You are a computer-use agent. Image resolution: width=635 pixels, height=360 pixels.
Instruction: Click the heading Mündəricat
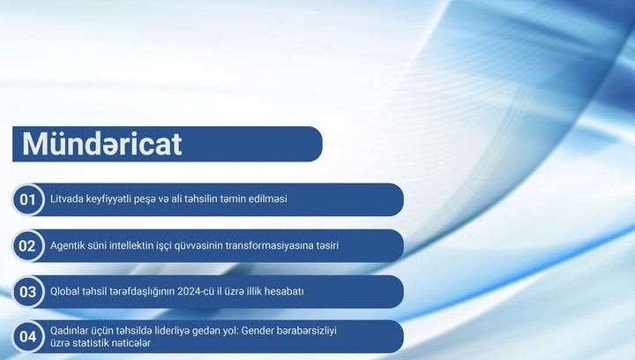[102, 144]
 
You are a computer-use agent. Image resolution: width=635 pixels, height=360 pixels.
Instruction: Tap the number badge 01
[28, 199]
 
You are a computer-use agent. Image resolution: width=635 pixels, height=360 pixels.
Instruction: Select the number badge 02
[28, 245]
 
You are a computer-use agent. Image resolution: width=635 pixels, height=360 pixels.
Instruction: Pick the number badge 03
[28, 291]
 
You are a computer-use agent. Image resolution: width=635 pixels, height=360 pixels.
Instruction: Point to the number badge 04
[28, 336]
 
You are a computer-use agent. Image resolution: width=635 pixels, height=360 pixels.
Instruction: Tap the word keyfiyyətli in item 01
[112, 199]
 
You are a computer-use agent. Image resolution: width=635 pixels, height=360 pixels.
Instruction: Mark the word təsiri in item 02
[325, 245]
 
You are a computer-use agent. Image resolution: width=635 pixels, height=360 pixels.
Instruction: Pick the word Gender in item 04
[245, 330]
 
